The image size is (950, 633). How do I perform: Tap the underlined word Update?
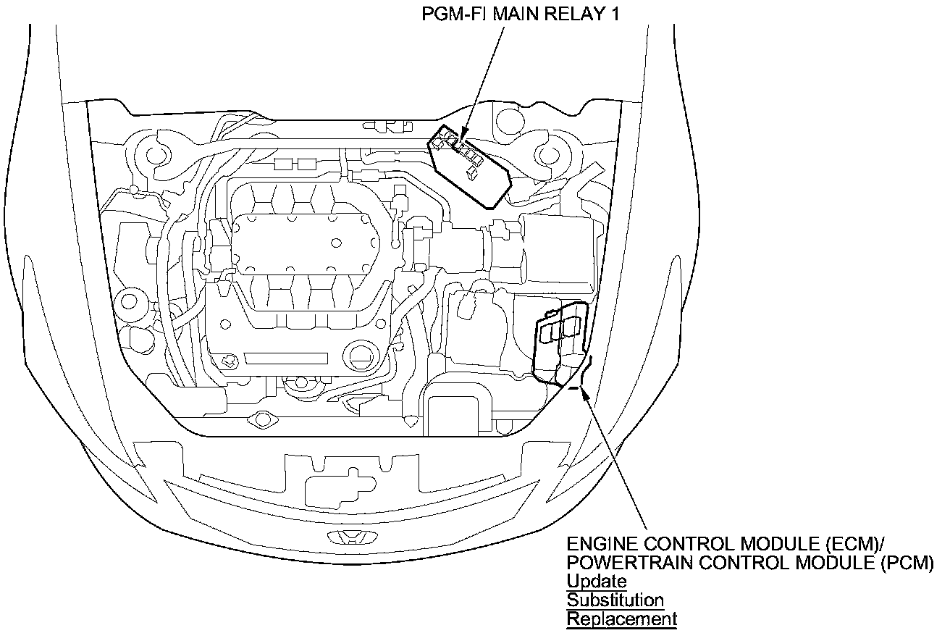click(597, 581)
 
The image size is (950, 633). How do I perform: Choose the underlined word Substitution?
click(615, 600)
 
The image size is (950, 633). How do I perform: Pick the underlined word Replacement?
click(622, 619)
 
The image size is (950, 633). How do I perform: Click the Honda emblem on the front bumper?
click(348, 537)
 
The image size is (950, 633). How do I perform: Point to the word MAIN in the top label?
click(508, 14)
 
